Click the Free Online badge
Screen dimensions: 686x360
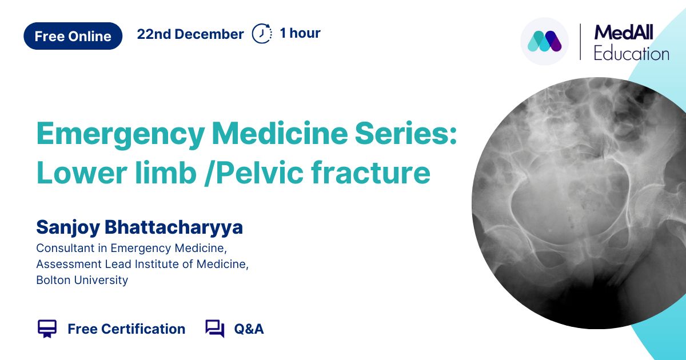(x=73, y=36)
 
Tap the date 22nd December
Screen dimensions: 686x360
(x=190, y=34)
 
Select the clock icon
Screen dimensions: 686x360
(x=262, y=33)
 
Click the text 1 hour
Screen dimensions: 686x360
(x=300, y=33)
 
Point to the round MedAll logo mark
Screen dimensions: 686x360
(x=544, y=41)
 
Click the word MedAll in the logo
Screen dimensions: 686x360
(x=624, y=33)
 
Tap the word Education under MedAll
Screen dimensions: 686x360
(x=631, y=54)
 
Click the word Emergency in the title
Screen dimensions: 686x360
(x=121, y=134)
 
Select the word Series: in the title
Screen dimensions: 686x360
(x=406, y=134)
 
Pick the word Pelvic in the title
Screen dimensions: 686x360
(x=260, y=173)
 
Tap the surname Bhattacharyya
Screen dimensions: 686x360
(x=174, y=228)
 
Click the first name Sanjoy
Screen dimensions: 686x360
(x=68, y=228)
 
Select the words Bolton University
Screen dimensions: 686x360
(x=82, y=280)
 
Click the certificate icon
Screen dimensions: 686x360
(x=47, y=329)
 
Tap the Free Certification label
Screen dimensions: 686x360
(x=126, y=329)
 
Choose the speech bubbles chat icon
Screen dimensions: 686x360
(x=215, y=329)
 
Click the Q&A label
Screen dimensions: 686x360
(x=249, y=329)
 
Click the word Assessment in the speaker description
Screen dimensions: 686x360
(x=69, y=264)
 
